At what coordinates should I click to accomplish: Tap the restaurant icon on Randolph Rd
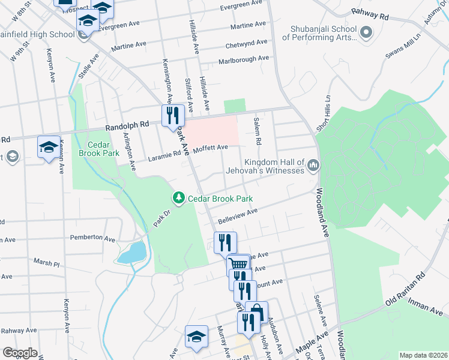click(172, 116)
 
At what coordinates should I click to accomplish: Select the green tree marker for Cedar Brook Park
click(178, 197)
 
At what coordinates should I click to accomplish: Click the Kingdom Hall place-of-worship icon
click(313, 165)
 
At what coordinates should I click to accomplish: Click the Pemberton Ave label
click(92, 238)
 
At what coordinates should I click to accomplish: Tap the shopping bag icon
click(256, 312)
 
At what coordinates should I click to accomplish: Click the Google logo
click(19, 352)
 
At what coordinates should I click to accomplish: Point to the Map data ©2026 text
click(423, 355)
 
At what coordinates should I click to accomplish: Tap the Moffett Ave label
click(210, 147)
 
